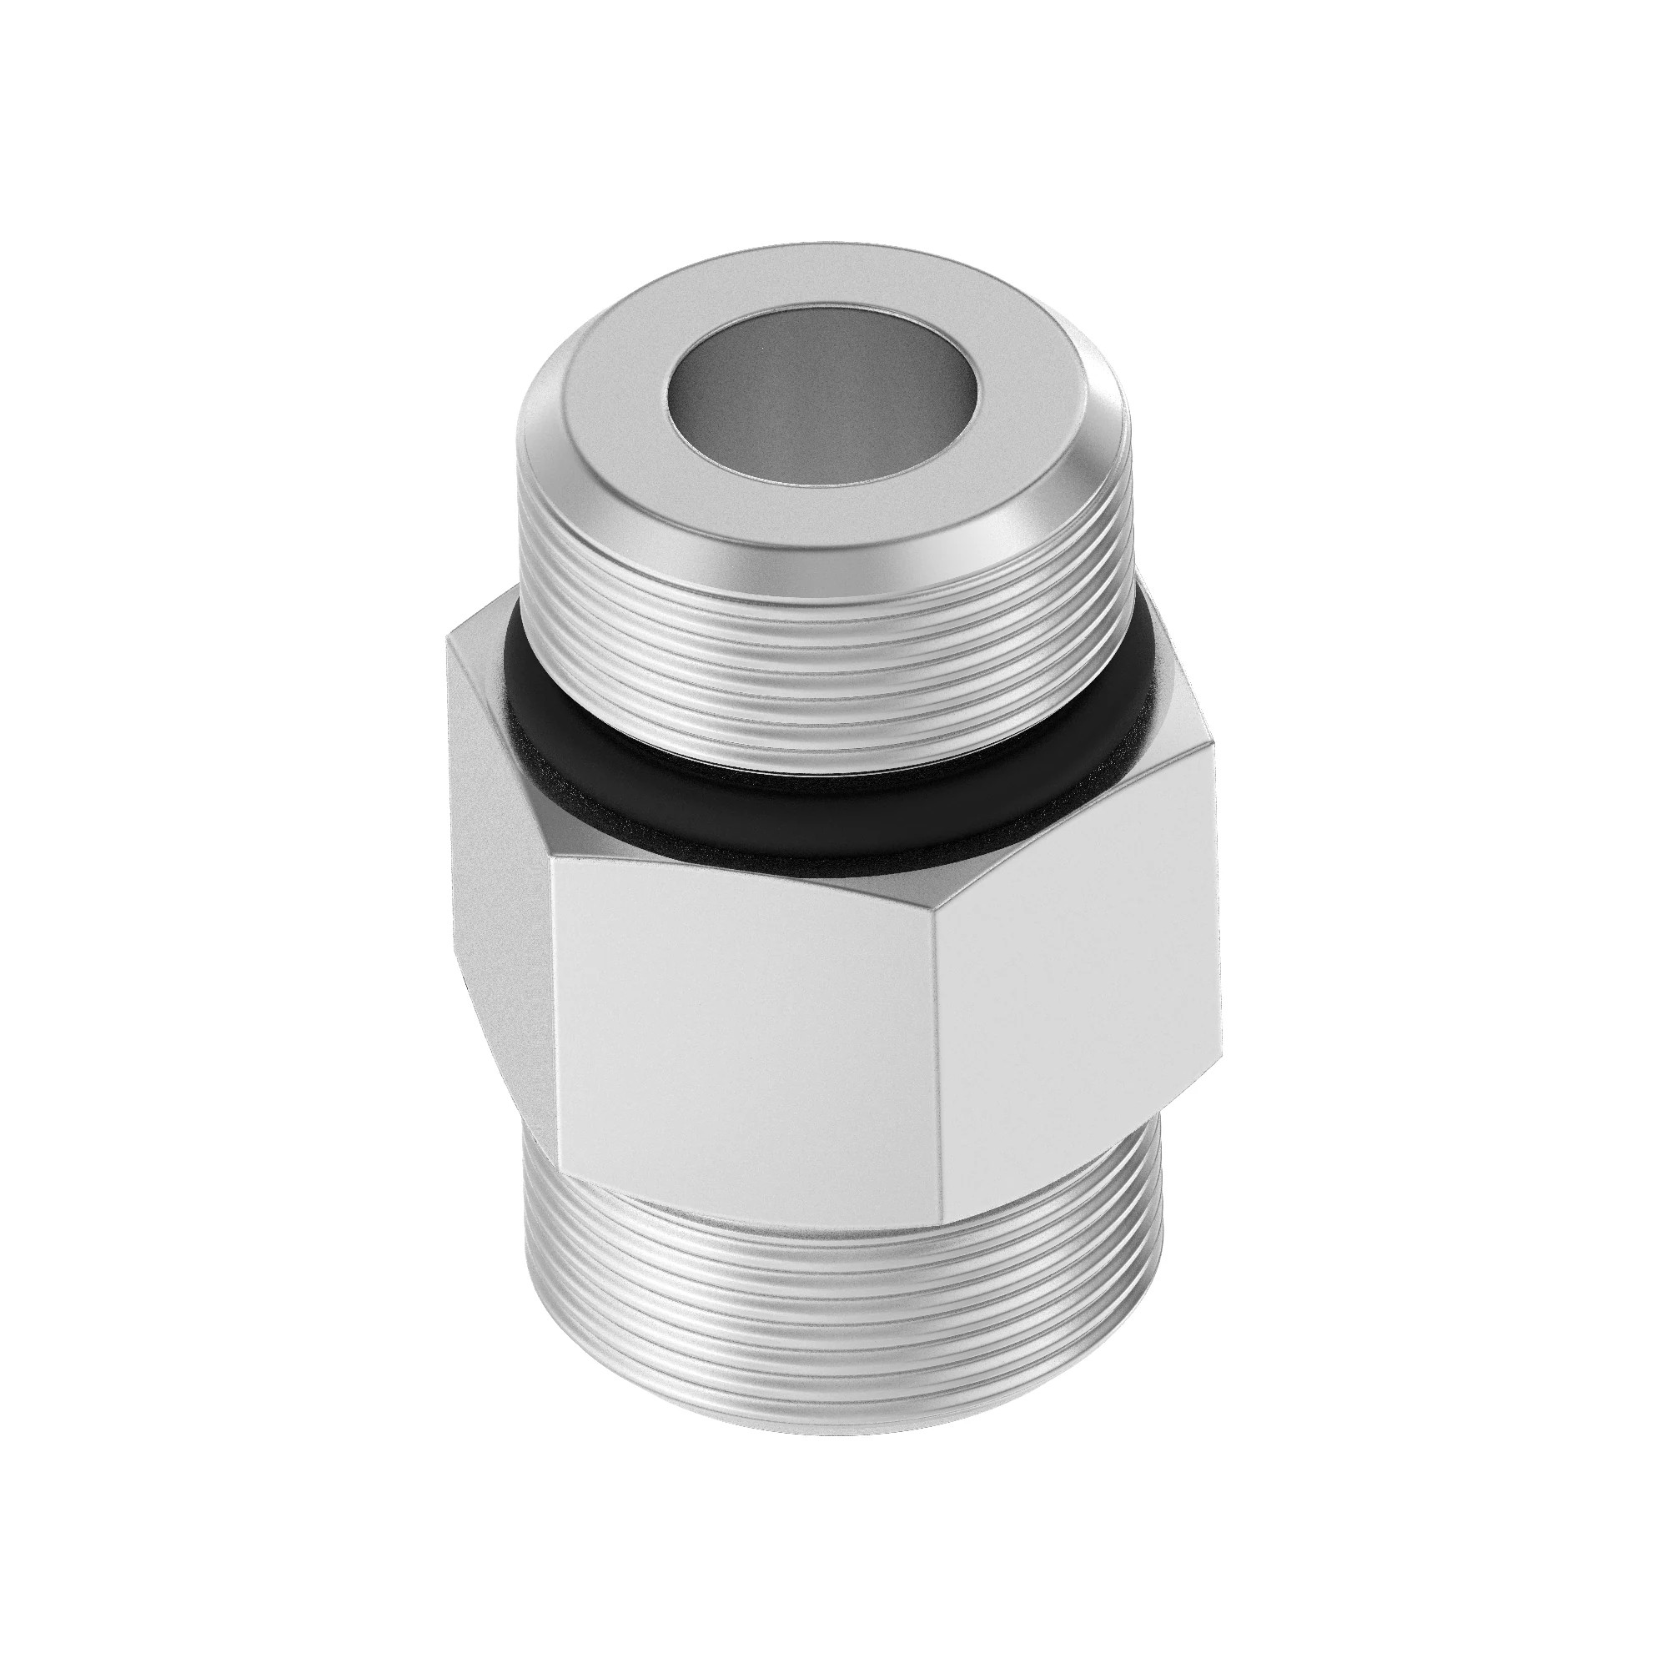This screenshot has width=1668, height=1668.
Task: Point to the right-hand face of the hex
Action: coord(1079,992)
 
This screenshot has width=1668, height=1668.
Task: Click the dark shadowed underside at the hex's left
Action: coord(470,1019)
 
